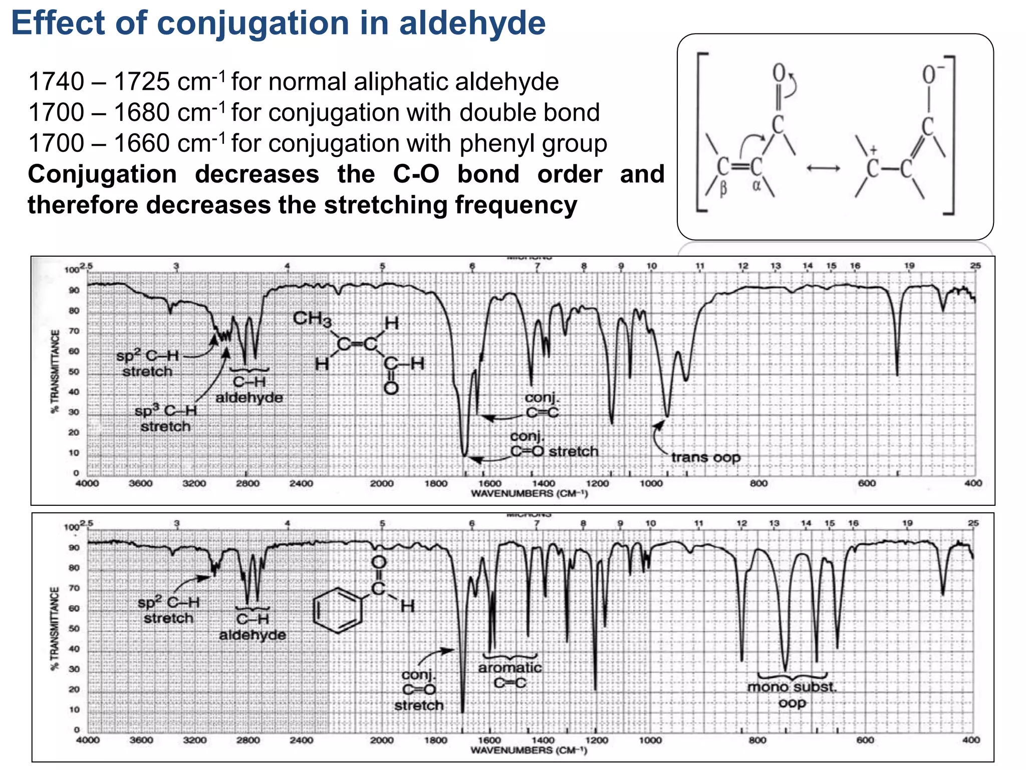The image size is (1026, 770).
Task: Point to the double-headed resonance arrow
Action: coord(823,168)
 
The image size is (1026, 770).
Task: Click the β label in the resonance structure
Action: coord(723,190)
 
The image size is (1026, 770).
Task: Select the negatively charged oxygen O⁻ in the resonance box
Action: coord(932,75)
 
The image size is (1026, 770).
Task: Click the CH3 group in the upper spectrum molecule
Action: coord(312,319)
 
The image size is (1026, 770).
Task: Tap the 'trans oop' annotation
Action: coord(705,457)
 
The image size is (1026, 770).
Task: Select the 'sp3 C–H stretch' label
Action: coord(166,419)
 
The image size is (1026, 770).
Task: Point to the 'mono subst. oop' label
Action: coord(792,694)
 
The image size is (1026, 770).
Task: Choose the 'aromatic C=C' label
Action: coord(510,675)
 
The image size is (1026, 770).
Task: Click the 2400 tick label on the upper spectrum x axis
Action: coord(301,484)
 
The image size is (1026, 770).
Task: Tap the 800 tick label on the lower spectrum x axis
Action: coord(757,740)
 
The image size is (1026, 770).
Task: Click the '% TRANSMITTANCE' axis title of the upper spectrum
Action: coord(56,371)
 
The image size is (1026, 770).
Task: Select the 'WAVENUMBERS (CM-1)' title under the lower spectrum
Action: coord(529,750)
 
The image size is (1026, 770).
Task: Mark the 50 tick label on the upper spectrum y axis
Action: coord(74,372)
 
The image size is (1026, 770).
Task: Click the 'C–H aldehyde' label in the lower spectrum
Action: coord(252,627)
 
